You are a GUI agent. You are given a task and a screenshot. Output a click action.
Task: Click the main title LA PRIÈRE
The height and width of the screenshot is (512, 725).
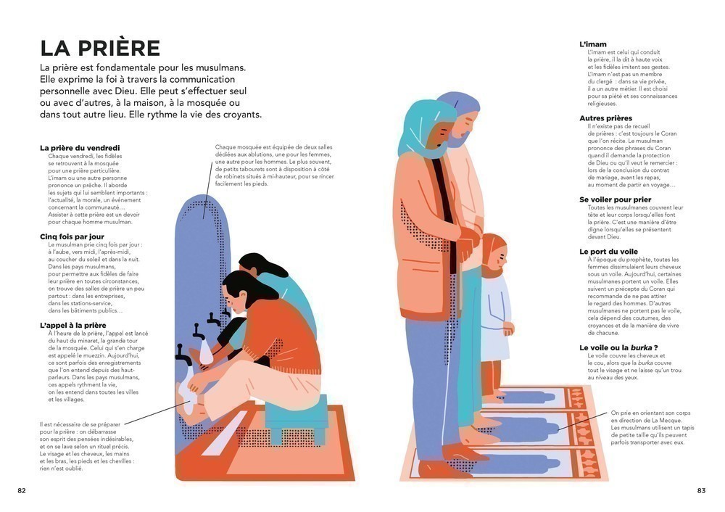pos(100,48)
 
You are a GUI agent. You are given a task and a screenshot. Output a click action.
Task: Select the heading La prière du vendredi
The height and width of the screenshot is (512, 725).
pos(80,148)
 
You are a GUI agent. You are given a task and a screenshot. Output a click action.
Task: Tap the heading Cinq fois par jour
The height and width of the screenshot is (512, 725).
pos(72,237)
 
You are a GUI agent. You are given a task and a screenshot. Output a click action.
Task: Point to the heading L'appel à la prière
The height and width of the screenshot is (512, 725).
pos(73,326)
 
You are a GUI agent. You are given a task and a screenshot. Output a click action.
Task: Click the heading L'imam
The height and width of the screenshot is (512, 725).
pos(593,44)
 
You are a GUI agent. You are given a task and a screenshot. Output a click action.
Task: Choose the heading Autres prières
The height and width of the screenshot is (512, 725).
pos(605,118)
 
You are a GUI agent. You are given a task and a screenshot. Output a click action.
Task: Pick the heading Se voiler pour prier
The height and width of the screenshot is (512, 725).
pos(615,200)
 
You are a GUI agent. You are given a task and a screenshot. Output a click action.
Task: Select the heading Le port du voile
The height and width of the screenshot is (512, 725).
pos(608,252)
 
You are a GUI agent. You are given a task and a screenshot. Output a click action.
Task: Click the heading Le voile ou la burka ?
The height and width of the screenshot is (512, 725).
pos(618,348)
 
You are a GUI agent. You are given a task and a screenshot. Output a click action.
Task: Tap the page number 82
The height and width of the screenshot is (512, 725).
pos(22,491)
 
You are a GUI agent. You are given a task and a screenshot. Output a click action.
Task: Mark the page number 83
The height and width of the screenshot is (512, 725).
pos(701,491)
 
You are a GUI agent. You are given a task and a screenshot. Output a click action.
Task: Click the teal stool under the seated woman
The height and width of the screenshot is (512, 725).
pos(297,418)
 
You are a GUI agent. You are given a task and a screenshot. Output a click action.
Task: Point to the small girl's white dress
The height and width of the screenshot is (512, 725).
pos(496,318)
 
